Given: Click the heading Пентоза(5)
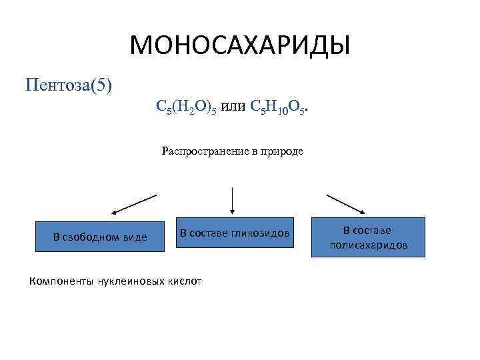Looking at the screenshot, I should pyautogui.click(x=69, y=85).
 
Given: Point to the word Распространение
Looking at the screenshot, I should pyautogui.click(x=203, y=151).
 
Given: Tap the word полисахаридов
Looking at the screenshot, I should pyautogui.click(x=368, y=245).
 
